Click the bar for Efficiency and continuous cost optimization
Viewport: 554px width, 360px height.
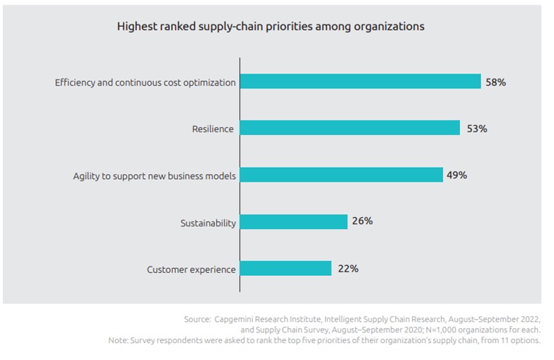[360, 82]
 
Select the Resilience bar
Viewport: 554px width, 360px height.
[350, 129]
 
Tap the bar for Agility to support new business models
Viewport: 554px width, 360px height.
[342, 175]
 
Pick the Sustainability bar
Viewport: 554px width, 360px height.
[294, 222]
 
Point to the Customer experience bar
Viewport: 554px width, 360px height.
[285, 269]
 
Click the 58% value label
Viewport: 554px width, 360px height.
[495, 82]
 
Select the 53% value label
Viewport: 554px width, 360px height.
[477, 129]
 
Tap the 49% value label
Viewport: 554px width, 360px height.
[457, 175]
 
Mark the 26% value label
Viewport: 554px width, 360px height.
[363, 221]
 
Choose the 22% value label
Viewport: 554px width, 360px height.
[348, 269]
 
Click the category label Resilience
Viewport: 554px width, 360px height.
[213, 129]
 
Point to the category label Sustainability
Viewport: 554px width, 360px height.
[208, 223]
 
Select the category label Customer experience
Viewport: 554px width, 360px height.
[191, 269]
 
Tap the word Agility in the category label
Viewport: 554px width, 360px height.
[88, 176]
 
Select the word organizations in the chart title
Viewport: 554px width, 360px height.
[393, 26]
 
